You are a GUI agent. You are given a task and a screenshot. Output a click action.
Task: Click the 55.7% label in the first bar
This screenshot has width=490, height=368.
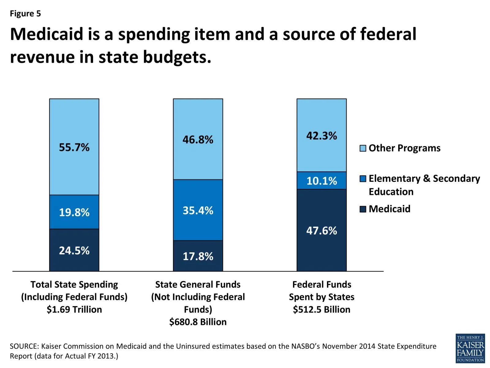pos(74,147)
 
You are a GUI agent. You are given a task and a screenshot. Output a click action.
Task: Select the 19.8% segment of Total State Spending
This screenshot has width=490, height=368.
pos(74,212)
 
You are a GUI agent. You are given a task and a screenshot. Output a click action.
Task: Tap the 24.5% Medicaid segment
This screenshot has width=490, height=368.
pos(74,250)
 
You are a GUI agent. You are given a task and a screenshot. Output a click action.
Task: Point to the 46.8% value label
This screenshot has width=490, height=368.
pos(198,140)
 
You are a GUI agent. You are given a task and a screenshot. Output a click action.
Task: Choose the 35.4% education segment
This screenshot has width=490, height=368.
pos(198,210)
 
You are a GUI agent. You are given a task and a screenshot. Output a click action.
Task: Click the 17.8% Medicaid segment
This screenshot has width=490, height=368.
pos(198,256)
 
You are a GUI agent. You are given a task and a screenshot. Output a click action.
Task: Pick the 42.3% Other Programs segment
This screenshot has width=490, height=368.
pos(322,135)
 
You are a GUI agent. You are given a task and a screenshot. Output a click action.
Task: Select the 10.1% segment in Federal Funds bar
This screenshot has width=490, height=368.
pos(322,181)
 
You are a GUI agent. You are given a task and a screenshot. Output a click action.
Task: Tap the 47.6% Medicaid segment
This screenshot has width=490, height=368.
pos(322,230)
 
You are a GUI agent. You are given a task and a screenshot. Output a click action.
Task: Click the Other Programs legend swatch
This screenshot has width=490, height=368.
pos(363,148)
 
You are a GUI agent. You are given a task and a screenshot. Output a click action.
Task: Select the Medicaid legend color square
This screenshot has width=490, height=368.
pos(363,209)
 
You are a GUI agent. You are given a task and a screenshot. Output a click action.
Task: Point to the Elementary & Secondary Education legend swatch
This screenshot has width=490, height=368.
pos(363,179)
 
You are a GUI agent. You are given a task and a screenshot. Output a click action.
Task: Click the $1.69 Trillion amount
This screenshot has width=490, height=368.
pos(74,309)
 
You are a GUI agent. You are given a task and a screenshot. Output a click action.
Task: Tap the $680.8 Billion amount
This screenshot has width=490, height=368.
pos(198,322)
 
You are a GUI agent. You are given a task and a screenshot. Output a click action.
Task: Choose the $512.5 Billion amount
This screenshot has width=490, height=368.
pos(322,309)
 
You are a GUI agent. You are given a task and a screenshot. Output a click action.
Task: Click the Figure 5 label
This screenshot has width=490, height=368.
pos(25,13)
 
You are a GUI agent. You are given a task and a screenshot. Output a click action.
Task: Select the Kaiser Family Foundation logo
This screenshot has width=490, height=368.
pos(470,348)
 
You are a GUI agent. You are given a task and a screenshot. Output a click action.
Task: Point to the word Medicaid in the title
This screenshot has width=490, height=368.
pos(47,34)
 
